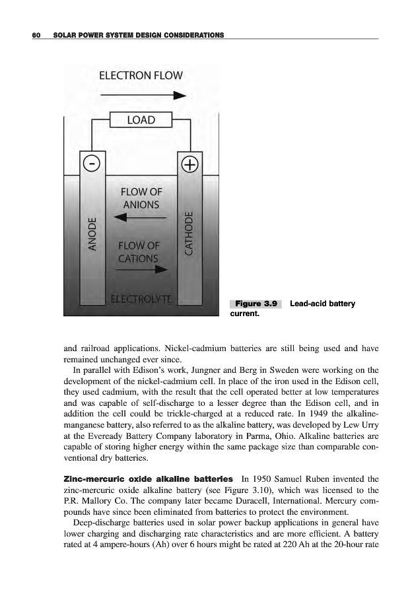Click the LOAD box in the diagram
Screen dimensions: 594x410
140,120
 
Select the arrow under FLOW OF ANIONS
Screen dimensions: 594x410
139,218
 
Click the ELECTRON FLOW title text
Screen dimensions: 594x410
140,75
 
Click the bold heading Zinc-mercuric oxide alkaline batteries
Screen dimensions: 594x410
147,478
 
